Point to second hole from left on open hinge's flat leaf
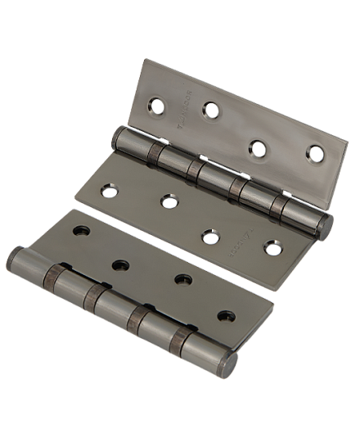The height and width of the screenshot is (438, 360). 169,199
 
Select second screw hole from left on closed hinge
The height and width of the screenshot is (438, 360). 121,264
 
